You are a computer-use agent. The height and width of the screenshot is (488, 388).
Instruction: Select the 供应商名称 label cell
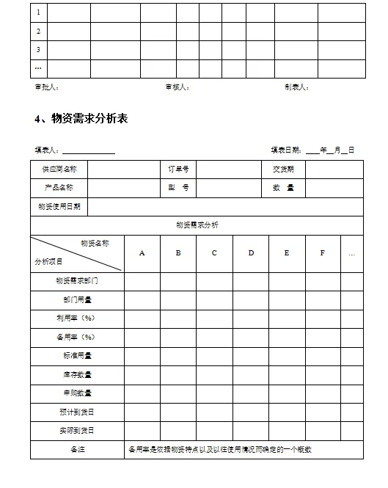click(x=59, y=169)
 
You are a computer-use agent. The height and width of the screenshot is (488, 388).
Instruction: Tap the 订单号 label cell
click(x=178, y=169)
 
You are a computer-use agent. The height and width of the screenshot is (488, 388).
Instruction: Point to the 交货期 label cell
click(x=283, y=169)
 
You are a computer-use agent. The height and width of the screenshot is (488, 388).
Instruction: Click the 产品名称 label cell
click(x=59, y=188)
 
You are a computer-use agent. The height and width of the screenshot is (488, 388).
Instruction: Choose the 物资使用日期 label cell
click(x=59, y=207)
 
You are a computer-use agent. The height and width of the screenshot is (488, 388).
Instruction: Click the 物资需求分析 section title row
click(x=197, y=225)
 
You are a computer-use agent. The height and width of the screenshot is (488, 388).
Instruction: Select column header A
click(x=142, y=253)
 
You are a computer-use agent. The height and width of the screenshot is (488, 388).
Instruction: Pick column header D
click(x=251, y=253)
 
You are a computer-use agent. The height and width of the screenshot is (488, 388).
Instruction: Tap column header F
click(x=323, y=253)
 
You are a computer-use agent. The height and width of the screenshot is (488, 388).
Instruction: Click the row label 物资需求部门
click(x=77, y=281)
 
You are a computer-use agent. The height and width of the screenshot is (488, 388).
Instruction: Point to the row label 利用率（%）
click(x=77, y=318)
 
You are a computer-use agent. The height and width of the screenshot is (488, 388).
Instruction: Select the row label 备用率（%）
click(x=77, y=337)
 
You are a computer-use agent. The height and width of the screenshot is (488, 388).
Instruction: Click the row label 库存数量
click(x=77, y=374)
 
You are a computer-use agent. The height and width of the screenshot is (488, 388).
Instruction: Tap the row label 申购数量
click(x=77, y=393)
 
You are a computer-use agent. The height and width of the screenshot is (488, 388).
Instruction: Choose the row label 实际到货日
click(x=77, y=431)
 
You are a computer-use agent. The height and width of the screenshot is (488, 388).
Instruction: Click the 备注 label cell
click(x=77, y=449)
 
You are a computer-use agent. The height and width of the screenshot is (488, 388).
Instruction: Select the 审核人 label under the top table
click(x=177, y=87)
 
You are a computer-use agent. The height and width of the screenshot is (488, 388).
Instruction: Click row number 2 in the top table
click(x=38, y=32)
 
